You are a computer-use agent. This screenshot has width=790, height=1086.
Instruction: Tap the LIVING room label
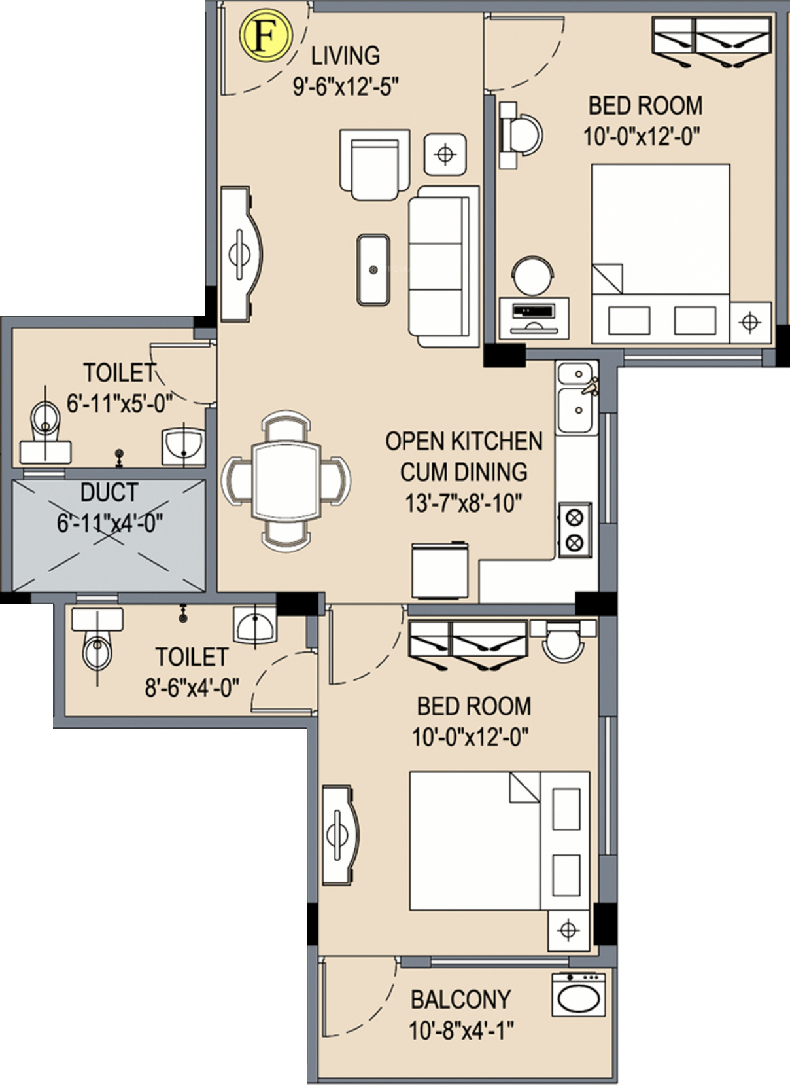click(345, 56)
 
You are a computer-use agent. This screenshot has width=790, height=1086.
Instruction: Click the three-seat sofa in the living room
click(443, 266)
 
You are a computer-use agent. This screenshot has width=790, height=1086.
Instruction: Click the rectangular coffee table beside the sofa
click(373, 270)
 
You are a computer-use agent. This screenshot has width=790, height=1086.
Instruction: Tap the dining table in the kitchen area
click(286, 482)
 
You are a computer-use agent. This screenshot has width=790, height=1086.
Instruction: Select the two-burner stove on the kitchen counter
click(575, 530)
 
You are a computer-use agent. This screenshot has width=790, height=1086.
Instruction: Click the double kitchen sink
click(576, 397)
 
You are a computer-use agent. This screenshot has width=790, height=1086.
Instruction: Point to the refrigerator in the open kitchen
click(440, 570)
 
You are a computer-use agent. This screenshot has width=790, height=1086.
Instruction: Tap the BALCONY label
click(460, 1000)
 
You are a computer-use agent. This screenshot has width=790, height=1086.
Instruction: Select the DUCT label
click(109, 492)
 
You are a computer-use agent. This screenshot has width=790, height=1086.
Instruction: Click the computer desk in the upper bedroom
click(534, 318)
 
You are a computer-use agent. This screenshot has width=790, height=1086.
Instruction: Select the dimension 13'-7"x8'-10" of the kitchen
click(464, 504)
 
